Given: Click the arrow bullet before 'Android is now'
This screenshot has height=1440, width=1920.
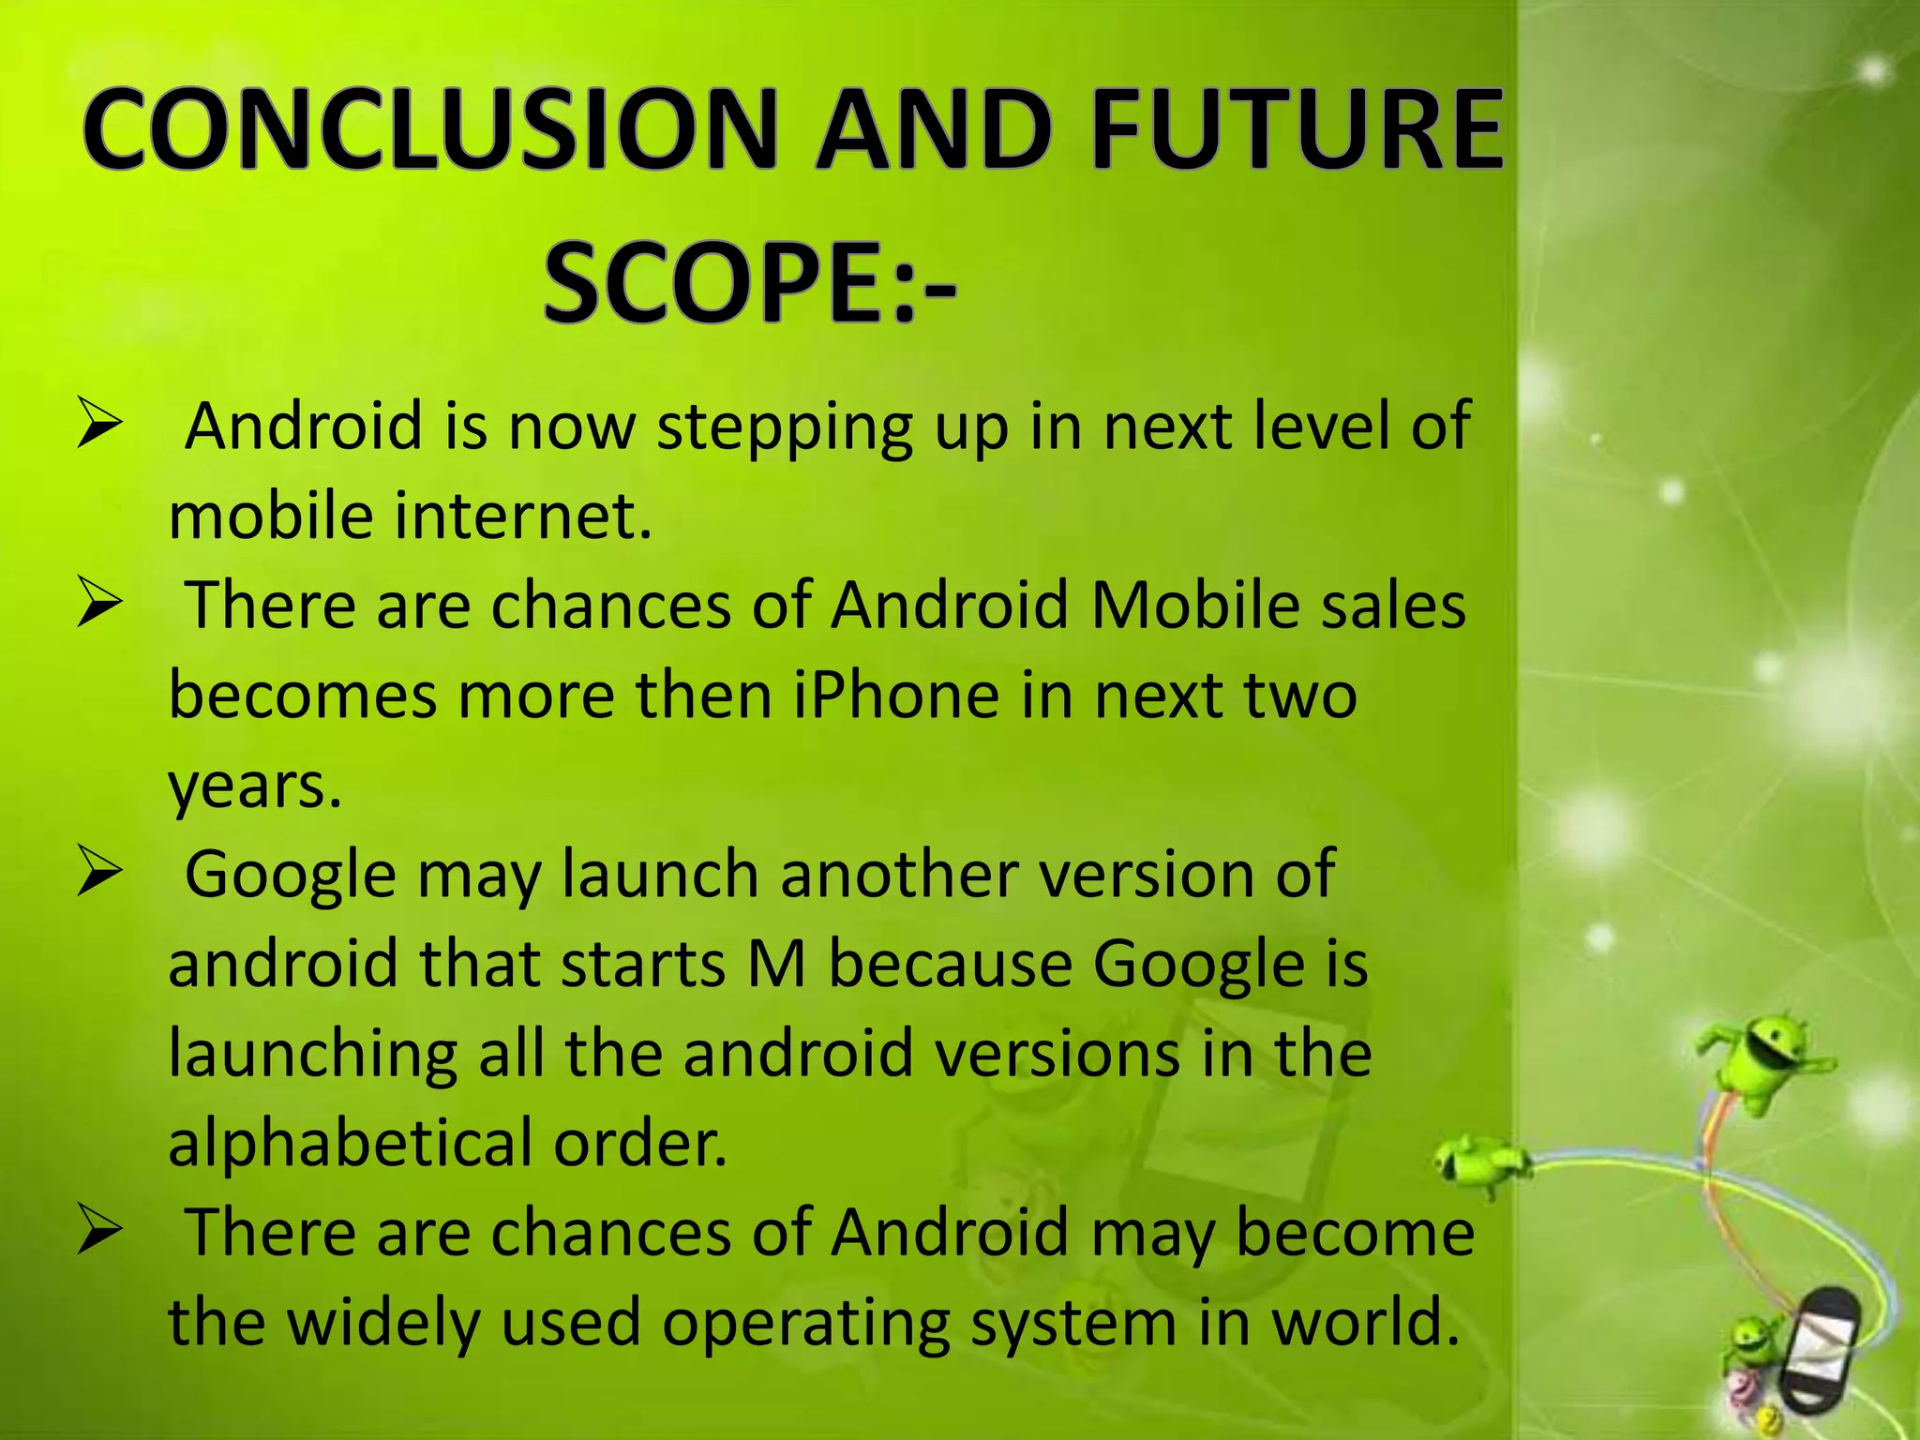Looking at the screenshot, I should coord(99,424).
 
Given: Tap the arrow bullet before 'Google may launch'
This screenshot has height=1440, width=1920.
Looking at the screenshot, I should coord(99,872).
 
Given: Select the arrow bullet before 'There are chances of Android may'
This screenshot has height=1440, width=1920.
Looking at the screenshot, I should coord(99,1230).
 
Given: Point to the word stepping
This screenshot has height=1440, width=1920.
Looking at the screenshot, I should coord(784,427).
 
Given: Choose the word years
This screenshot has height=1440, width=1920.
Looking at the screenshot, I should coord(254,786).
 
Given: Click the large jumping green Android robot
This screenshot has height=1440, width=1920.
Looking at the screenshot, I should coord(1762,1059).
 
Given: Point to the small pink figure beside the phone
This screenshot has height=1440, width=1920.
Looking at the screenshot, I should coord(1742,1385).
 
